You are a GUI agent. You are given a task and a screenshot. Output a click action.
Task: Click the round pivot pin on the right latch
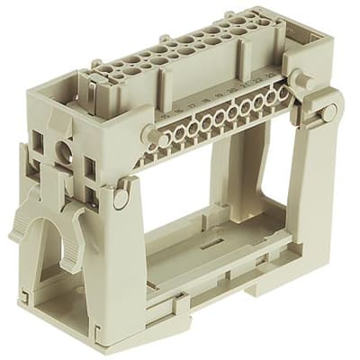pyautogui.click(x=329, y=112)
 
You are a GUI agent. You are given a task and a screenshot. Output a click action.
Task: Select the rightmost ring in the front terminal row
pyautogui.click(x=283, y=92)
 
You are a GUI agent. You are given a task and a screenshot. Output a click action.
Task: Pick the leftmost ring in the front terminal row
pyautogui.click(x=166, y=138)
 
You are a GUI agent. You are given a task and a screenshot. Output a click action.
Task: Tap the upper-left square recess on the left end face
pyautogui.click(x=40, y=138)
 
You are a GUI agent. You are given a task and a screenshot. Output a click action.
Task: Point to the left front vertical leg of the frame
pyautogui.click(x=121, y=261)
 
